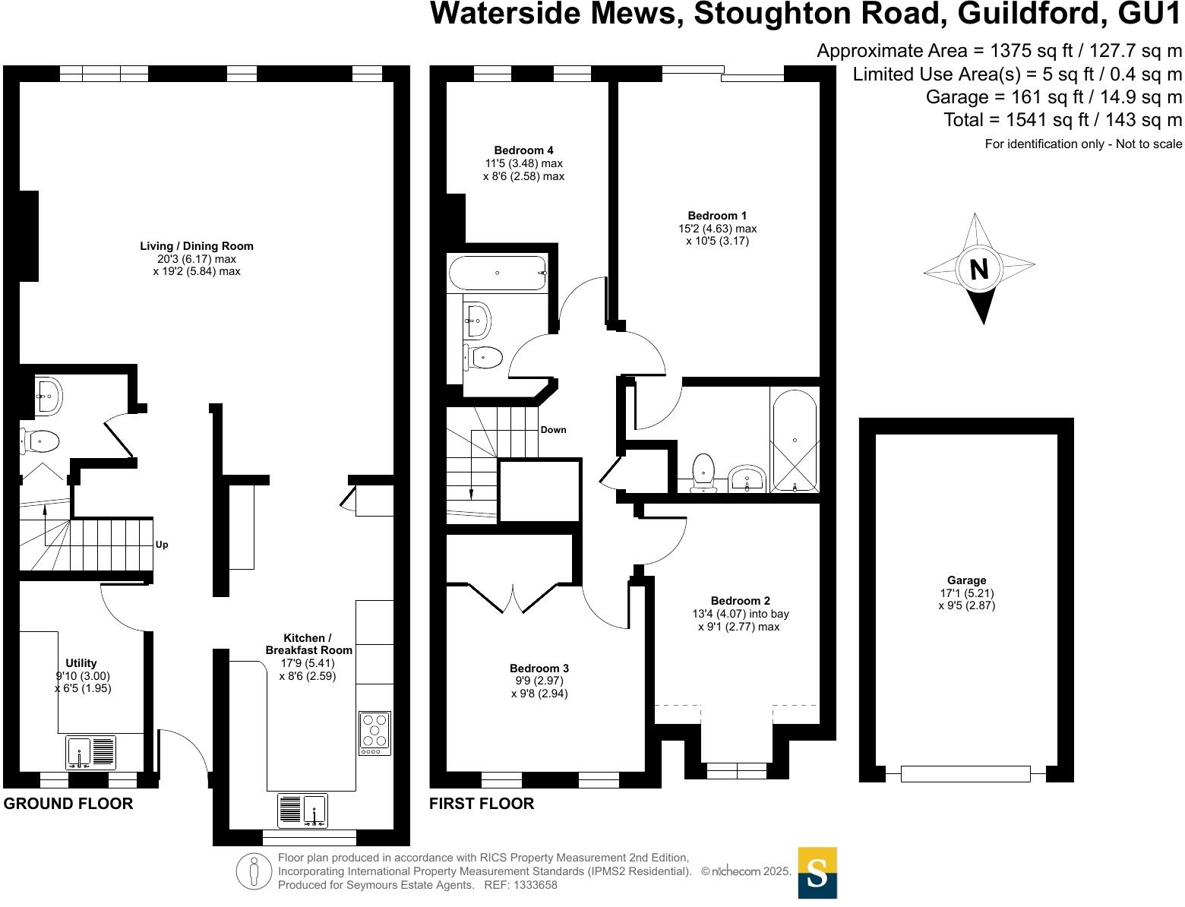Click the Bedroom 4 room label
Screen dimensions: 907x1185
[523, 150]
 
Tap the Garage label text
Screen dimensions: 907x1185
[966, 580]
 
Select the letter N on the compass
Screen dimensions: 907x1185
[979, 269]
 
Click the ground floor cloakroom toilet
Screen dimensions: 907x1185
[40, 441]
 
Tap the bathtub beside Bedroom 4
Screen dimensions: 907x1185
[498, 273]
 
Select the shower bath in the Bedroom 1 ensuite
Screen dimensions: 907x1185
[795, 441]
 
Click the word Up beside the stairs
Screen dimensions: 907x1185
[162, 545]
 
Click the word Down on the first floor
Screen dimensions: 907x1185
[553, 430]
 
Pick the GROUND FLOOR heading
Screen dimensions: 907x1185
[68, 804]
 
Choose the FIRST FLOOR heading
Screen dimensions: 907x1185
[482, 804]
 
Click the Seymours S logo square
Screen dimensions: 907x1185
[817, 873]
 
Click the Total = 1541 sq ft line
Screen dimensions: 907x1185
[1063, 120]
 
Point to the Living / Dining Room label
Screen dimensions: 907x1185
[197, 246]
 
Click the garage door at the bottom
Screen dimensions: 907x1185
[965, 774]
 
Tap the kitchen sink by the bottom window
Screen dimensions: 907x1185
[314, 810]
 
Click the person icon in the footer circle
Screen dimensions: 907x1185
[254, 871]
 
